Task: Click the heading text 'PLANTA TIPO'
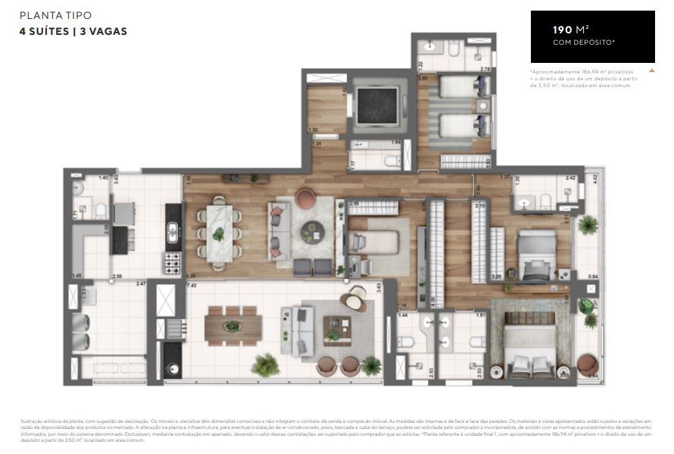click(x=50, y=15)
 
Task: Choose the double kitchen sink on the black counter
click(x=172, y=231)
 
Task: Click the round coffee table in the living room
click(x=311, y=231)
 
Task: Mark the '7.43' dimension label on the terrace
click(x=191, y=285)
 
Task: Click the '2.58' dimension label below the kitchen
click(x=117, y=276)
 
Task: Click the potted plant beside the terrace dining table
click(x=265, y=365)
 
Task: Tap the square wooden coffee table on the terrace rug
click(x=332, y=332)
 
